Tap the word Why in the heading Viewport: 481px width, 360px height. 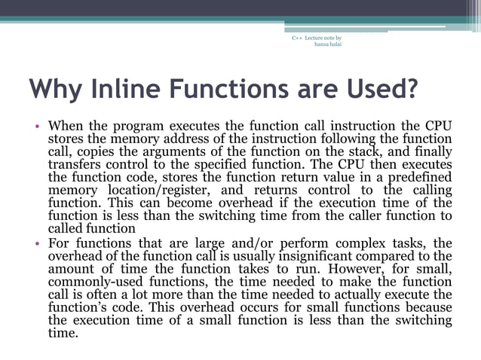[54, 89]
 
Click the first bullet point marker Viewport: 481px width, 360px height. [36, 126]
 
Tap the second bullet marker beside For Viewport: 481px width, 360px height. [36, 244]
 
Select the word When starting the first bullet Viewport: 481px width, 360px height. [66, 125]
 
